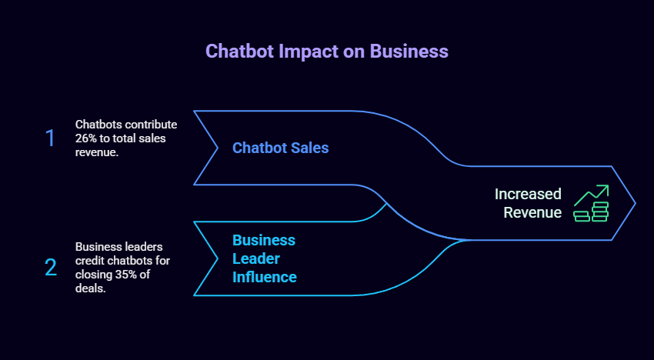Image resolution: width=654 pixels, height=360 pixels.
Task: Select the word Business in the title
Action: [409, 52]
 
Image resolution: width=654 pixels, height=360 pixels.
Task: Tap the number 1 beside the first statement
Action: [50, 138]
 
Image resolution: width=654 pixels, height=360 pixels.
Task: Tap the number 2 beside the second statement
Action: [51, 268]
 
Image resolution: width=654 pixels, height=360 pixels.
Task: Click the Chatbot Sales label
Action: [280, 148]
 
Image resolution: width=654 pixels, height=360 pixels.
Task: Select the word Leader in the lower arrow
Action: [256, 258]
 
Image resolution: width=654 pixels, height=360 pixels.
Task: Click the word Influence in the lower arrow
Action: [264, 277]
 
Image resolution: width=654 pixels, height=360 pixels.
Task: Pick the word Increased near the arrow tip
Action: [527, 194]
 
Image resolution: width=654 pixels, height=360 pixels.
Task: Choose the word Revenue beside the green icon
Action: [532, 212]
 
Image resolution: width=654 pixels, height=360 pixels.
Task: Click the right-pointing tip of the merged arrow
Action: [634, 203]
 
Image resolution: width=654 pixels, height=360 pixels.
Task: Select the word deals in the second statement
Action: [90, 288]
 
